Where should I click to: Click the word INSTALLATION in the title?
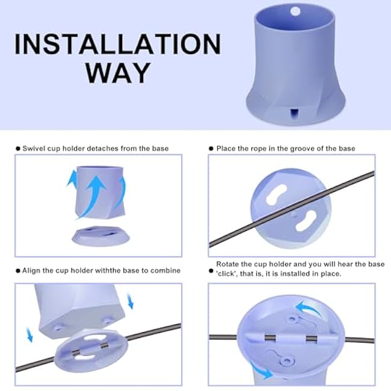coord(118,44)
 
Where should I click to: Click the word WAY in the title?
coord(118,73)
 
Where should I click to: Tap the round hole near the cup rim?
coord(295,11)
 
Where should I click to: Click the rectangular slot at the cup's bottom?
coord(295,114)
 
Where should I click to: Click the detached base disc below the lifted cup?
coord(100,236)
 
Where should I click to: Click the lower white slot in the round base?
coord(306,220)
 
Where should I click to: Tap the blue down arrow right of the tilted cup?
coord(130,301)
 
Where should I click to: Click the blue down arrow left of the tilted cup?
coord(29,335)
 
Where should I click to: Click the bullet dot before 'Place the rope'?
coord(211,149)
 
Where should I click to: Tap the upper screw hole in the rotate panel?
coord(292,318)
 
